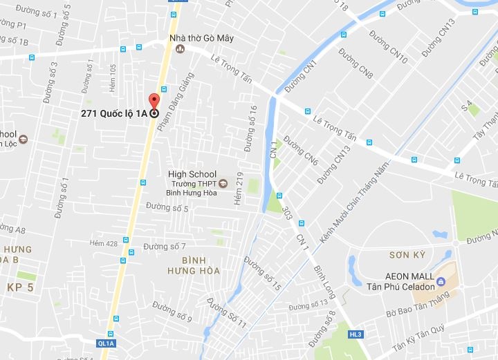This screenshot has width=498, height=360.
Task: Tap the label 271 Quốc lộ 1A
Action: pos(114,114)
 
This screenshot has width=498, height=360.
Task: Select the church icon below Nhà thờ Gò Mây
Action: pos(181,48)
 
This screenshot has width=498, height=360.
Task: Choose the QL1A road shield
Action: pos(106,342)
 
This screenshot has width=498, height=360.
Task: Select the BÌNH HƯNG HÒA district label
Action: pos(193,265)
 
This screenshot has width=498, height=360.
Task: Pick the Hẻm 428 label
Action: pos(104,243)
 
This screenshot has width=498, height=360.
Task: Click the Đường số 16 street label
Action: pos(250,127)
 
